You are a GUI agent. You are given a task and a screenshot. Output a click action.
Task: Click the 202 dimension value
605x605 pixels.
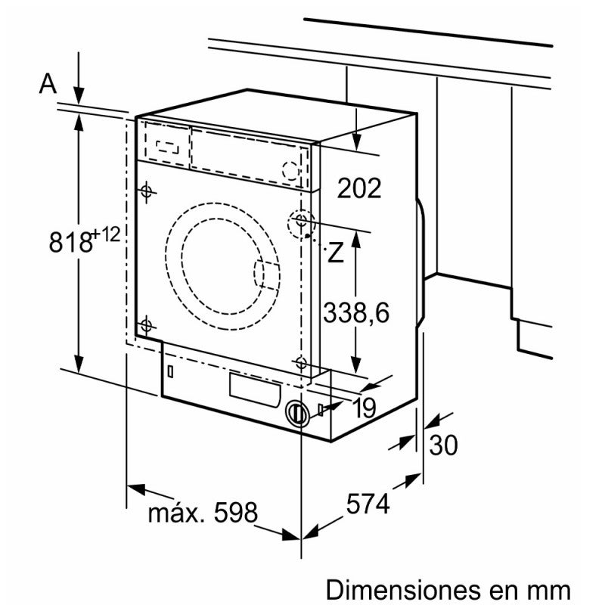(x=358, y=188)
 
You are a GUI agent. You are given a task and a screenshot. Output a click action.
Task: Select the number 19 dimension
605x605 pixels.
(x=364, y=408)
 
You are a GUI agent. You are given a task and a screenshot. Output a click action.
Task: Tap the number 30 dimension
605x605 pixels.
(x=443, y=445)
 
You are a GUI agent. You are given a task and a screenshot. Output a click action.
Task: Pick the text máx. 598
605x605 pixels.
(x=202, y=513)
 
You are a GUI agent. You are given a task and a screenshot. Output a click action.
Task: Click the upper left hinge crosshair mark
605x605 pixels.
(x=146, y=191)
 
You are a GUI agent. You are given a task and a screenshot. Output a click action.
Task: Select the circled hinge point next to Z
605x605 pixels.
(x=302, y=222)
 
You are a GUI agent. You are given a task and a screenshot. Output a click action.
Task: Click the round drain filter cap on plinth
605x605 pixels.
(x=297, y=414)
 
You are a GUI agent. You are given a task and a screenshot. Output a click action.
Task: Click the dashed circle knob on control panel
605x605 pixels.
(x=289, y=170)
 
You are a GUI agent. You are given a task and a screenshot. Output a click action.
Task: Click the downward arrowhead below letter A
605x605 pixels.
(x=79, y=96)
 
